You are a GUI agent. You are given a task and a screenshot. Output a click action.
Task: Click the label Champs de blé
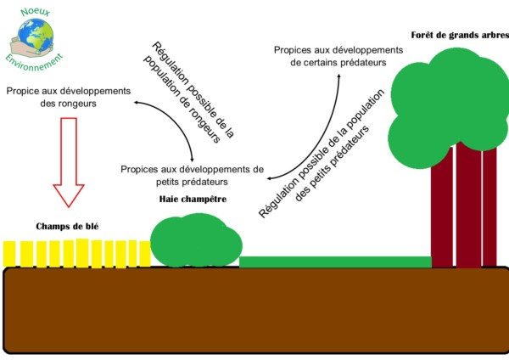click(x=64, y=227)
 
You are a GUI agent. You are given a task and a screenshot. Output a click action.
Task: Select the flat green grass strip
click(x=335, y=261)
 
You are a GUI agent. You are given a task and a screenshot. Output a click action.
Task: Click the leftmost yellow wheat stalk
click(x=10, y=253)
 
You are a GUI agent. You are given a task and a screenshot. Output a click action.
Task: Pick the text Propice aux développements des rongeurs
click(x=67, y=97)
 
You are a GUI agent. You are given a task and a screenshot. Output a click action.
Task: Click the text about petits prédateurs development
click(x=192, y=174)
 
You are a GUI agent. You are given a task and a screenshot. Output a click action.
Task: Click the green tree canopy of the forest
click(x=450, y=102)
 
